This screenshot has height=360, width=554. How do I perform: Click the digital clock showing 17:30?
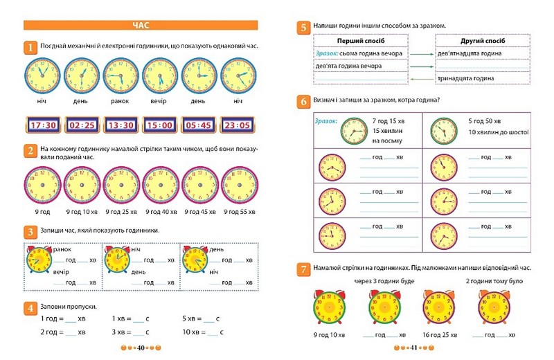coord(43,126)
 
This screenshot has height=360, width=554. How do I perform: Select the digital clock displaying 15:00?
coord(160,126)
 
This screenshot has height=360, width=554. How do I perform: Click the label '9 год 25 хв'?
coord(121,212)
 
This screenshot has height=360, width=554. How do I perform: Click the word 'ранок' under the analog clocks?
coord(120,102)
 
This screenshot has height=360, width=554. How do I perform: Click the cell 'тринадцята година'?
coord(466,78)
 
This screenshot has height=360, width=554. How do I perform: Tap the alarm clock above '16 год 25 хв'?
coord(433,305)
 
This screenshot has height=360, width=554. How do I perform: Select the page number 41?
coord(413,348)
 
